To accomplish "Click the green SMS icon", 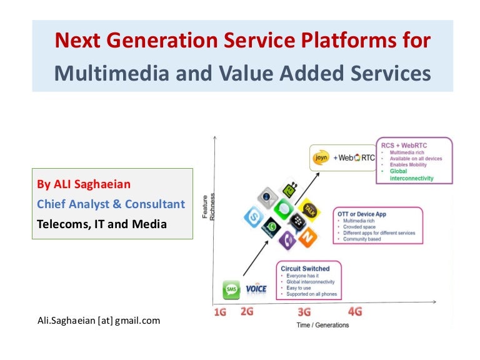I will [231, 289].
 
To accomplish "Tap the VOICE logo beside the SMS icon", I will [256, 289].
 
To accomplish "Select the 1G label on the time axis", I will [220, 312].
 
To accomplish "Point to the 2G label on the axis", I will [247, 311].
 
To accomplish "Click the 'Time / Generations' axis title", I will [322, 325].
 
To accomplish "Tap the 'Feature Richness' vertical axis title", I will [208, 206].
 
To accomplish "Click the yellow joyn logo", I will [320, 158].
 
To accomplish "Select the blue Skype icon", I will [254, 217].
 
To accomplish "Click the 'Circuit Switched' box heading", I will [305, 269].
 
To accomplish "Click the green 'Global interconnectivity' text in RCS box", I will [411, 174].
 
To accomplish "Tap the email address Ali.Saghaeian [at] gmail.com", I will [99, 321].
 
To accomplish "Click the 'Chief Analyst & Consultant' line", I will [111, 204].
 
